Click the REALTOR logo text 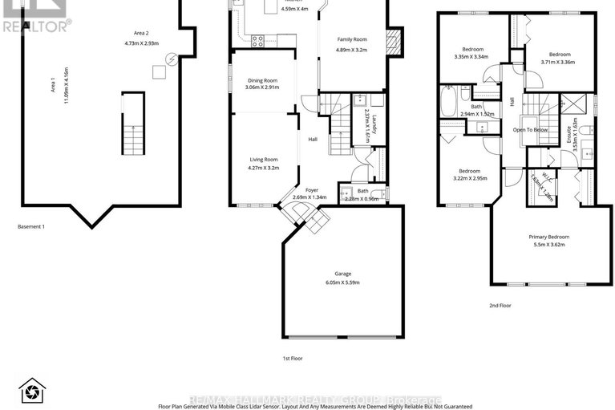(36, 25)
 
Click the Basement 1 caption (31, 226)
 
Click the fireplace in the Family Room (391, 39)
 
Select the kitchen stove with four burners (259, 40)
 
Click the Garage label (342, 274)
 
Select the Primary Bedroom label (549, 237)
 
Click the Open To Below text (531, 129)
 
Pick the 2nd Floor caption (499, 305)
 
